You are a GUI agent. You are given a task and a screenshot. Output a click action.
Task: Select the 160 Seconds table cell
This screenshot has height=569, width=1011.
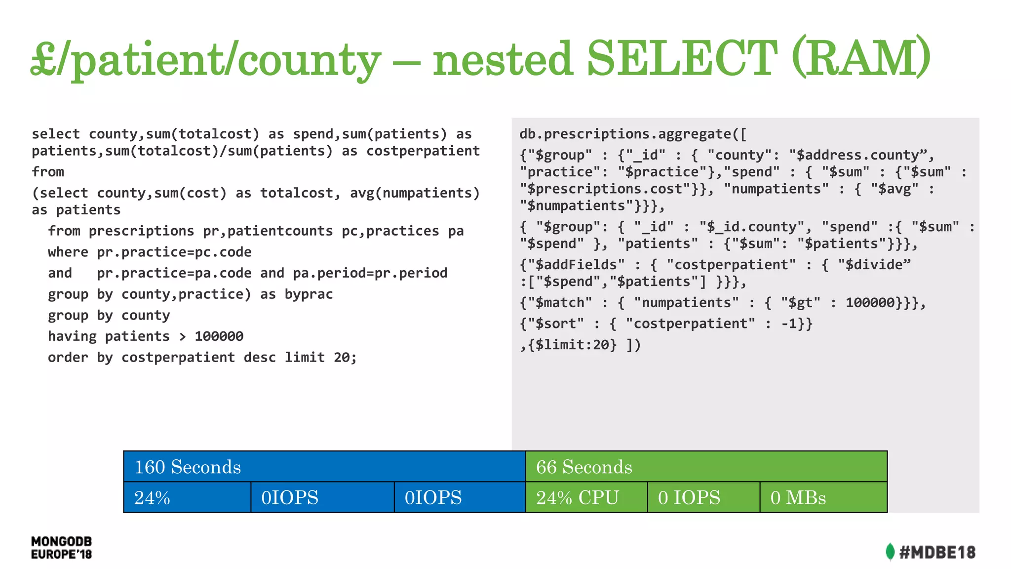pyautogui.click(x=324, y=467)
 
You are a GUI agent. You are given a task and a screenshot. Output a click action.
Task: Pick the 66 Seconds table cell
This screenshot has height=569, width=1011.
pyautogui.click(x=706, y=467)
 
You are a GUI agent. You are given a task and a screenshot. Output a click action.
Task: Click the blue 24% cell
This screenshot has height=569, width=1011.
pyautogui.click(x=187, y=497)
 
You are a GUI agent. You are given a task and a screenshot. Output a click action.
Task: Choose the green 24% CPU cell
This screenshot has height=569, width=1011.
pyautogui.click(x=586, y=497)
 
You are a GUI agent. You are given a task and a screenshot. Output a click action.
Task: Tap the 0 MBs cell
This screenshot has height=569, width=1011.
pyautogui.click(x=823, y=497)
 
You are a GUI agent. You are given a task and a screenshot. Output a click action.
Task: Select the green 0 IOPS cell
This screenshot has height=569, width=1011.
pyautogui.click(x=703, y=497)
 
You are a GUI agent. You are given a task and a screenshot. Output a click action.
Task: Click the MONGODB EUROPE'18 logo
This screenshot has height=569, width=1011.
pyautogui.click(x=61, y=548)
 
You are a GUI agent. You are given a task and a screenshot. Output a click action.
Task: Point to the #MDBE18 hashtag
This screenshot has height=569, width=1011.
pyautogui.click(x=937, y=552)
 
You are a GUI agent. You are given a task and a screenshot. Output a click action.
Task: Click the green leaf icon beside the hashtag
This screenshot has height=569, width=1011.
pyautogui.click(x=890, y=552)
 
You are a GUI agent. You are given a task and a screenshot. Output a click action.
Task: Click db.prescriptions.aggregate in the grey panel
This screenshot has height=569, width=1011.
pyautogui.click(x=625, y=134)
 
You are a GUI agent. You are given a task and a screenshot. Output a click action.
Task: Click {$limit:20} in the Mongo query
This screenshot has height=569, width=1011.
pyautogui.click(x=572, y=345)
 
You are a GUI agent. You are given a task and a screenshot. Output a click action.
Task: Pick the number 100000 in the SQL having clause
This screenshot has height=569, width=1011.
pyautogui.click(x=219, y=336)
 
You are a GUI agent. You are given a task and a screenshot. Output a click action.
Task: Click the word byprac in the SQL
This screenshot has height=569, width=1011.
pyautogui.click(x=309, y=294)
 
